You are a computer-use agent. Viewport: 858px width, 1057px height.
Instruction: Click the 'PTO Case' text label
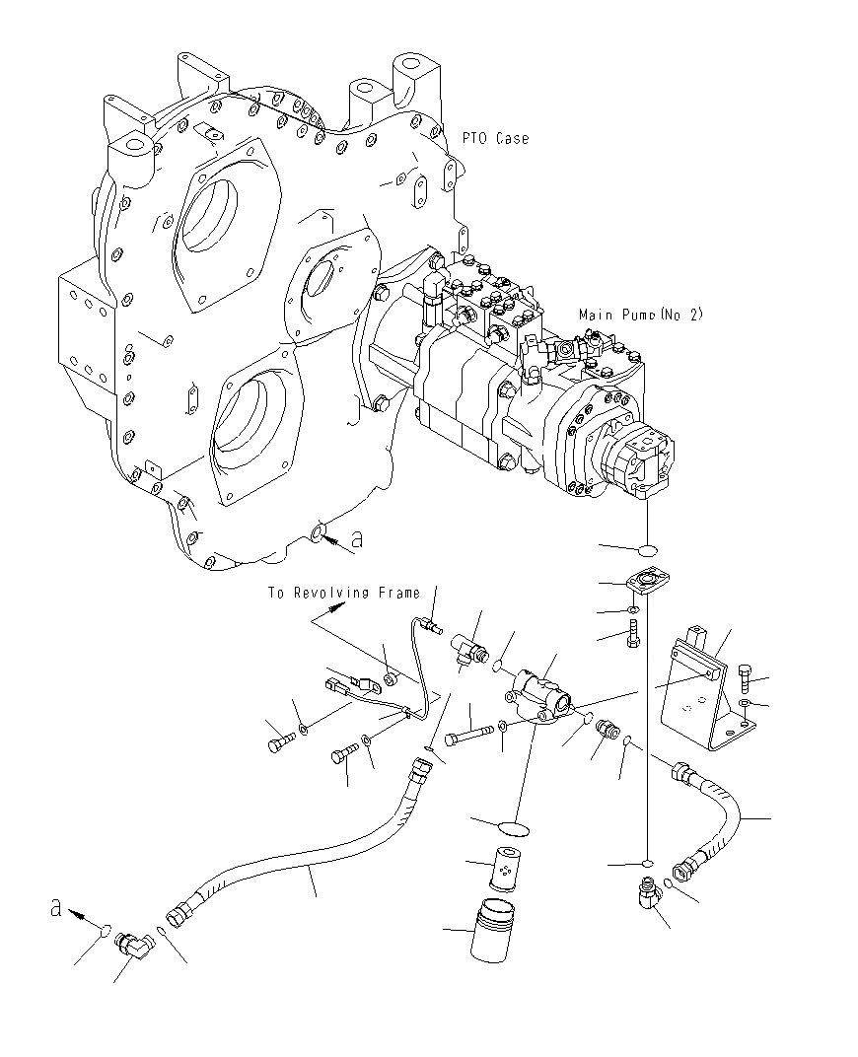tap(495, 139)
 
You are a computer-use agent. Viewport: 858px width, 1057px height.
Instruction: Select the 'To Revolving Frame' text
tap(342, 594)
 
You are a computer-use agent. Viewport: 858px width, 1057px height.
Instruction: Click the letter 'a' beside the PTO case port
tap(356, 538)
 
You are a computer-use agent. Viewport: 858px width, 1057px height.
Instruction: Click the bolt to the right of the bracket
tap(749, 677)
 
